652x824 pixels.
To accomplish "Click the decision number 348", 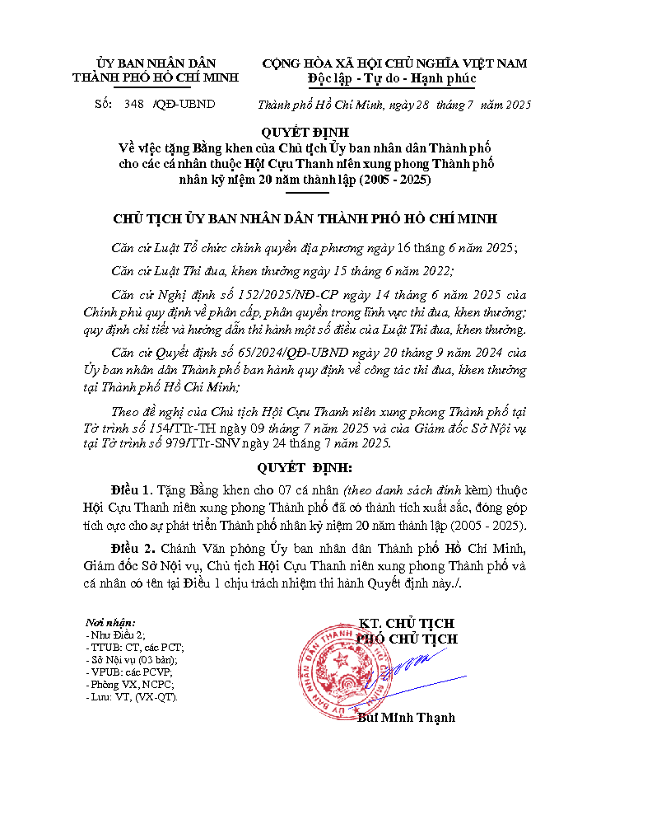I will click(133, 105).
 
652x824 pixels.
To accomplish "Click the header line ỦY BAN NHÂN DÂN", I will click(156, 63).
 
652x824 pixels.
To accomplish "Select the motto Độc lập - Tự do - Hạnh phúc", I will click(392, 78).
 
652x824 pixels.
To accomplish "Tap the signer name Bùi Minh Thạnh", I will click(407, 718).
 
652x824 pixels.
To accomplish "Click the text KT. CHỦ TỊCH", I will click(407, 624).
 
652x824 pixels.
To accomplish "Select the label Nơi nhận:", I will click(110, 623).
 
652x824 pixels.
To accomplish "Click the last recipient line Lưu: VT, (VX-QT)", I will click(132, 696).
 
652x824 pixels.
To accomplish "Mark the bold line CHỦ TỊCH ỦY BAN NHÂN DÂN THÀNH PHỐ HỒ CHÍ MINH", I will click(305, 218).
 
